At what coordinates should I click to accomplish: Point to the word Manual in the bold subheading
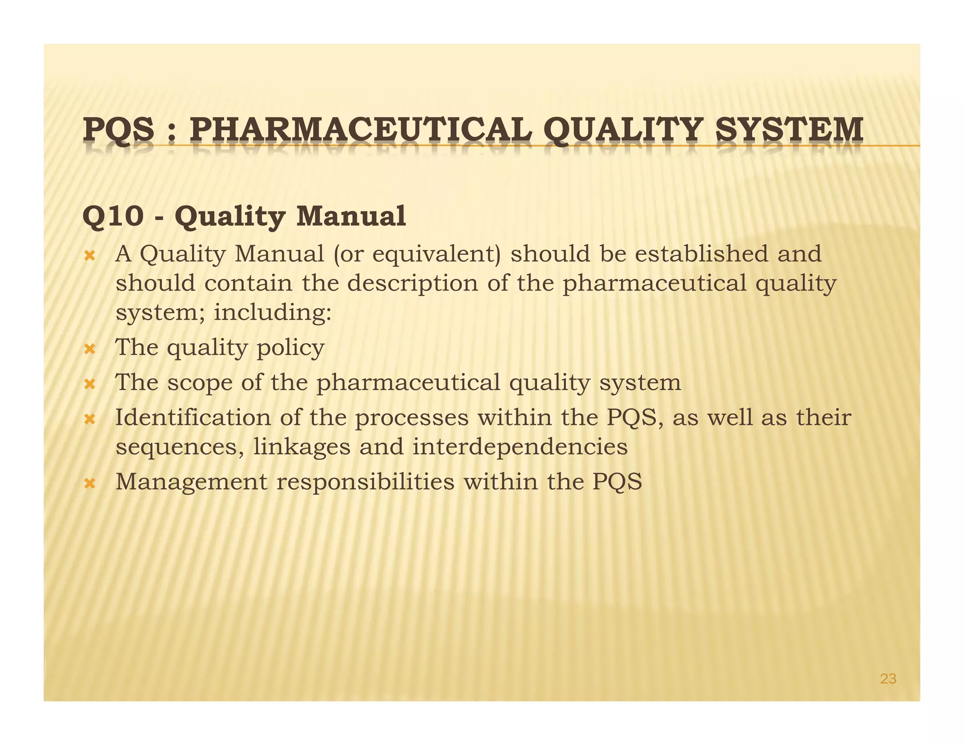coord(351,217)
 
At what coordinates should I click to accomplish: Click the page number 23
coord(888,679)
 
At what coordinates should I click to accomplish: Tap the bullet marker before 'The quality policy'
coord(89,349)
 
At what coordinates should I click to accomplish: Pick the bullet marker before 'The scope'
coord(89,384)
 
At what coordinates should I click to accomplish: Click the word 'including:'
coord(273,313)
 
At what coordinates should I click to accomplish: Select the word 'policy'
coord(290,349)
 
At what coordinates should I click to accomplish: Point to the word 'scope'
coord(200,383)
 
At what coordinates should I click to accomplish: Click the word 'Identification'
coord(193,418)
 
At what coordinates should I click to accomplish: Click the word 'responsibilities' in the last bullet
coord(365,482)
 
